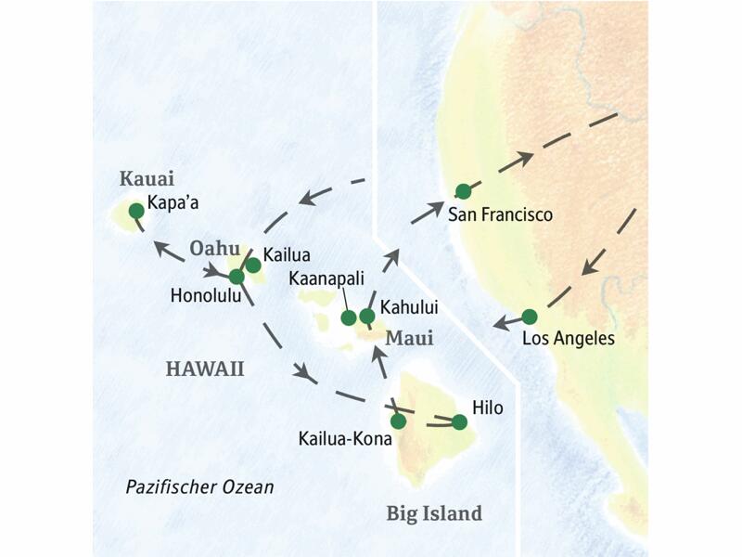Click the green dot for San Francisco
[x=463, y=191]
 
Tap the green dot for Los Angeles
[x=529, y=316]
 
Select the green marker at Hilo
[x=458, y=421]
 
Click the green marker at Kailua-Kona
[x=398, y=421]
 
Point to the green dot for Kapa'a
[x=136, y=211]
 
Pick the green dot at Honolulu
[x=237, y=276]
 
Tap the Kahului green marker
[x=367, y=317]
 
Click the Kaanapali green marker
[x=349, y=317]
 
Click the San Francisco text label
[x=500, y=214]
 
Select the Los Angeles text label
[x=569, y=339]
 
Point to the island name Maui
[x=409, y=339]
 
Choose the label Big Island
[x=434, y=512]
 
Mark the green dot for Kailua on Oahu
[x=252, y=265]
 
